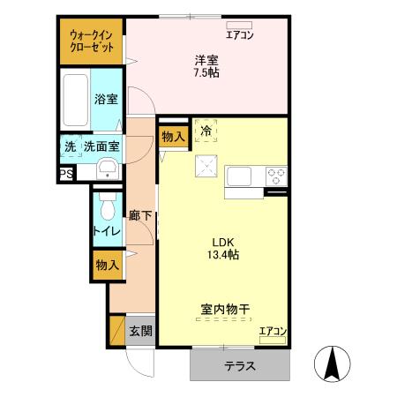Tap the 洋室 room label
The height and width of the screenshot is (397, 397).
click(207, 59)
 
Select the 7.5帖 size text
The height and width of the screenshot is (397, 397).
click(207, 72)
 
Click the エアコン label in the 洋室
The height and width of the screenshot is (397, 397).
click(240, 35)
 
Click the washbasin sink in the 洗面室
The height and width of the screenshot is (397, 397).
click(107, 169)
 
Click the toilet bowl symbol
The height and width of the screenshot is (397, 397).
click(107, 209)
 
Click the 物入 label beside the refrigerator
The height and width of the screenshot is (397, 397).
click(173, 137)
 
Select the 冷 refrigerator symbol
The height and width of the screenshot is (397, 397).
click(206, 131)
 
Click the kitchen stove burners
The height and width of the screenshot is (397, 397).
click(276, 174)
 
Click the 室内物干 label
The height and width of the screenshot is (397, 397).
click(226, 310)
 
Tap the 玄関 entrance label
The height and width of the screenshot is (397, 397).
click(140, 332)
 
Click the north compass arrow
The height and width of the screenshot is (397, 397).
click(333, 363)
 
